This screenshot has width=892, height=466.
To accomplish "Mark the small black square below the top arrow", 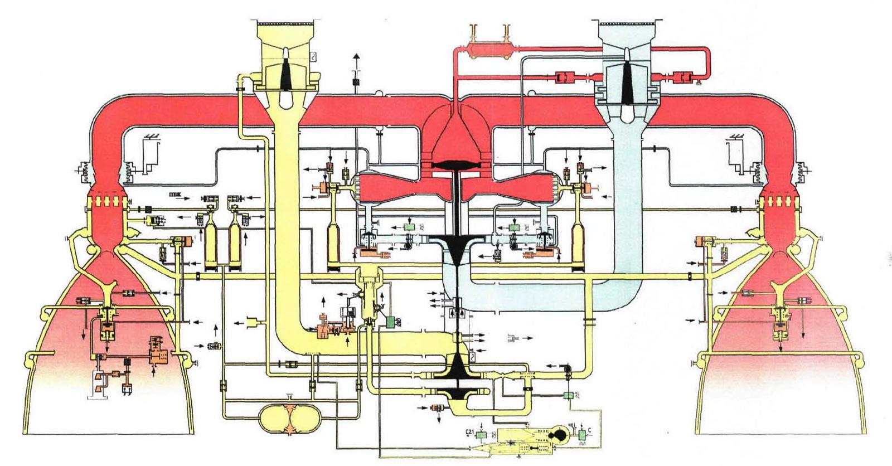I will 355,82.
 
